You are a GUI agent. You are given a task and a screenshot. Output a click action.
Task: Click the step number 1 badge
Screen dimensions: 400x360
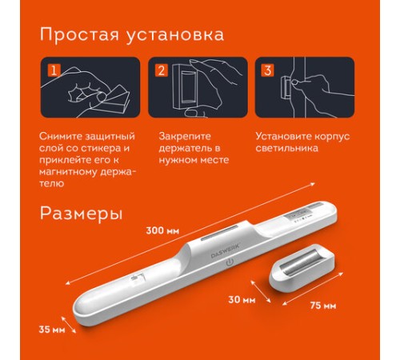[54, 70]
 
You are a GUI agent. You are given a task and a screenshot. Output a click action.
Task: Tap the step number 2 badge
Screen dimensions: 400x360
[162, 70]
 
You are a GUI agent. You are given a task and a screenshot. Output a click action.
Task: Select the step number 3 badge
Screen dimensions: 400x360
[268, 70]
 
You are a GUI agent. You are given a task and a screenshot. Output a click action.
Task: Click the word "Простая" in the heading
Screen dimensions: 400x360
[79, 35]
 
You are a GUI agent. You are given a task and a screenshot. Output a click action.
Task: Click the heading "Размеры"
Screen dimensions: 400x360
[82, 214]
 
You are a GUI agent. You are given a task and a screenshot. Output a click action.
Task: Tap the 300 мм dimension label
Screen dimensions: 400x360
[162, 230]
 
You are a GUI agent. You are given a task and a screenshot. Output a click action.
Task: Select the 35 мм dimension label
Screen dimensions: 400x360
[52, 330]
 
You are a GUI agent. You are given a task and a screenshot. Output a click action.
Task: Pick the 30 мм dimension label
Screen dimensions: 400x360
[242, 300]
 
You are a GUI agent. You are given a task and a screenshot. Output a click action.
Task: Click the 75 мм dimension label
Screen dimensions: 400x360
[323, 306]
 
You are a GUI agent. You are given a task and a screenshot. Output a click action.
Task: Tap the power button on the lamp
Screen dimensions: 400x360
[230, 262]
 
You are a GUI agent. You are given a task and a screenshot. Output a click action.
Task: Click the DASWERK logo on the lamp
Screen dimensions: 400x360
[226, 250]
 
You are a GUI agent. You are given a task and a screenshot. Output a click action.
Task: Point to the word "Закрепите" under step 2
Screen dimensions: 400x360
[185, 136]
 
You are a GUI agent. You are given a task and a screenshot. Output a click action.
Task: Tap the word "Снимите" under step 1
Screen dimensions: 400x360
[60, 136]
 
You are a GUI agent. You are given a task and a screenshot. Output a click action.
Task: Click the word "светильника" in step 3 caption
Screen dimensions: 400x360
[287, 148]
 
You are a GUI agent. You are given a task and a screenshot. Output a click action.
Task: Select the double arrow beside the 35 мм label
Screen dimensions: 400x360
[69, 325]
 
